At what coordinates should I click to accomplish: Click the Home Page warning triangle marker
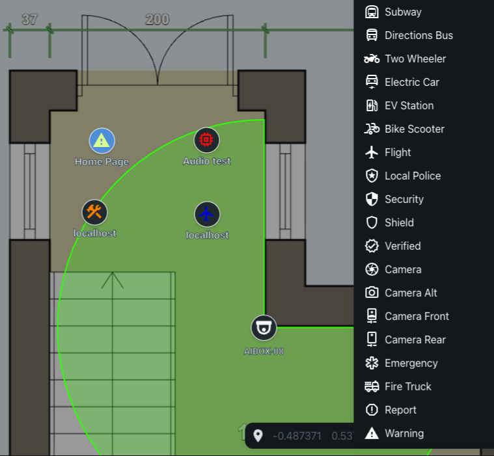click(x=102, y=141)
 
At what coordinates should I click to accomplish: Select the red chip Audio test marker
click(x=206, y=140)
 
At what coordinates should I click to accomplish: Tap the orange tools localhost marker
click(x=94, y=212)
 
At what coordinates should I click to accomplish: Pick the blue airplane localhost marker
click(x=207, y=214)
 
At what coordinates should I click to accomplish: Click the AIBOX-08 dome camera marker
click(x=264, y=328)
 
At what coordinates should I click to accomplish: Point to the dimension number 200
click(x=158, y=20)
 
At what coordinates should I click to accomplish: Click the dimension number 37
click(x=30, y=20)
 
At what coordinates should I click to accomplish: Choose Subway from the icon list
click(x=393, y=12)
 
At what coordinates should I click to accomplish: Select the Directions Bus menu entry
click(x=409, y=35)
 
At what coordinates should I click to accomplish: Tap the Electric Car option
click(x=402, y=82)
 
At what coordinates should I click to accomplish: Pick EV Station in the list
click(x=399, y=105)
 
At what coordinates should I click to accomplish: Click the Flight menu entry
click(x=388, y=152)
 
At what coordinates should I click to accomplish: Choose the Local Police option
click(x=403, y=176)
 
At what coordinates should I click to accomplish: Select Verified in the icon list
click(x=393, y=246)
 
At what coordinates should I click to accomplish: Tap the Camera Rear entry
click(x=405, y=340)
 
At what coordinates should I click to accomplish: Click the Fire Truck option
click(x=398, y=386)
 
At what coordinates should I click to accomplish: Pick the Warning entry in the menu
click(x=394, y=433)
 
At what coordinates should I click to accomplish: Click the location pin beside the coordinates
click(x=258, y=436)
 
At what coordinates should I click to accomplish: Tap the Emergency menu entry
click(x=402, y=363)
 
